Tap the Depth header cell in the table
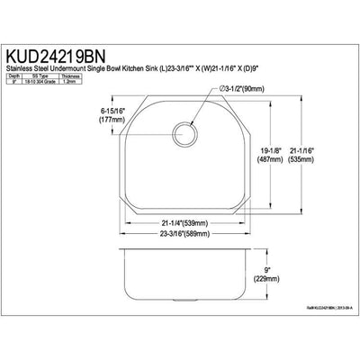[13, 76]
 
